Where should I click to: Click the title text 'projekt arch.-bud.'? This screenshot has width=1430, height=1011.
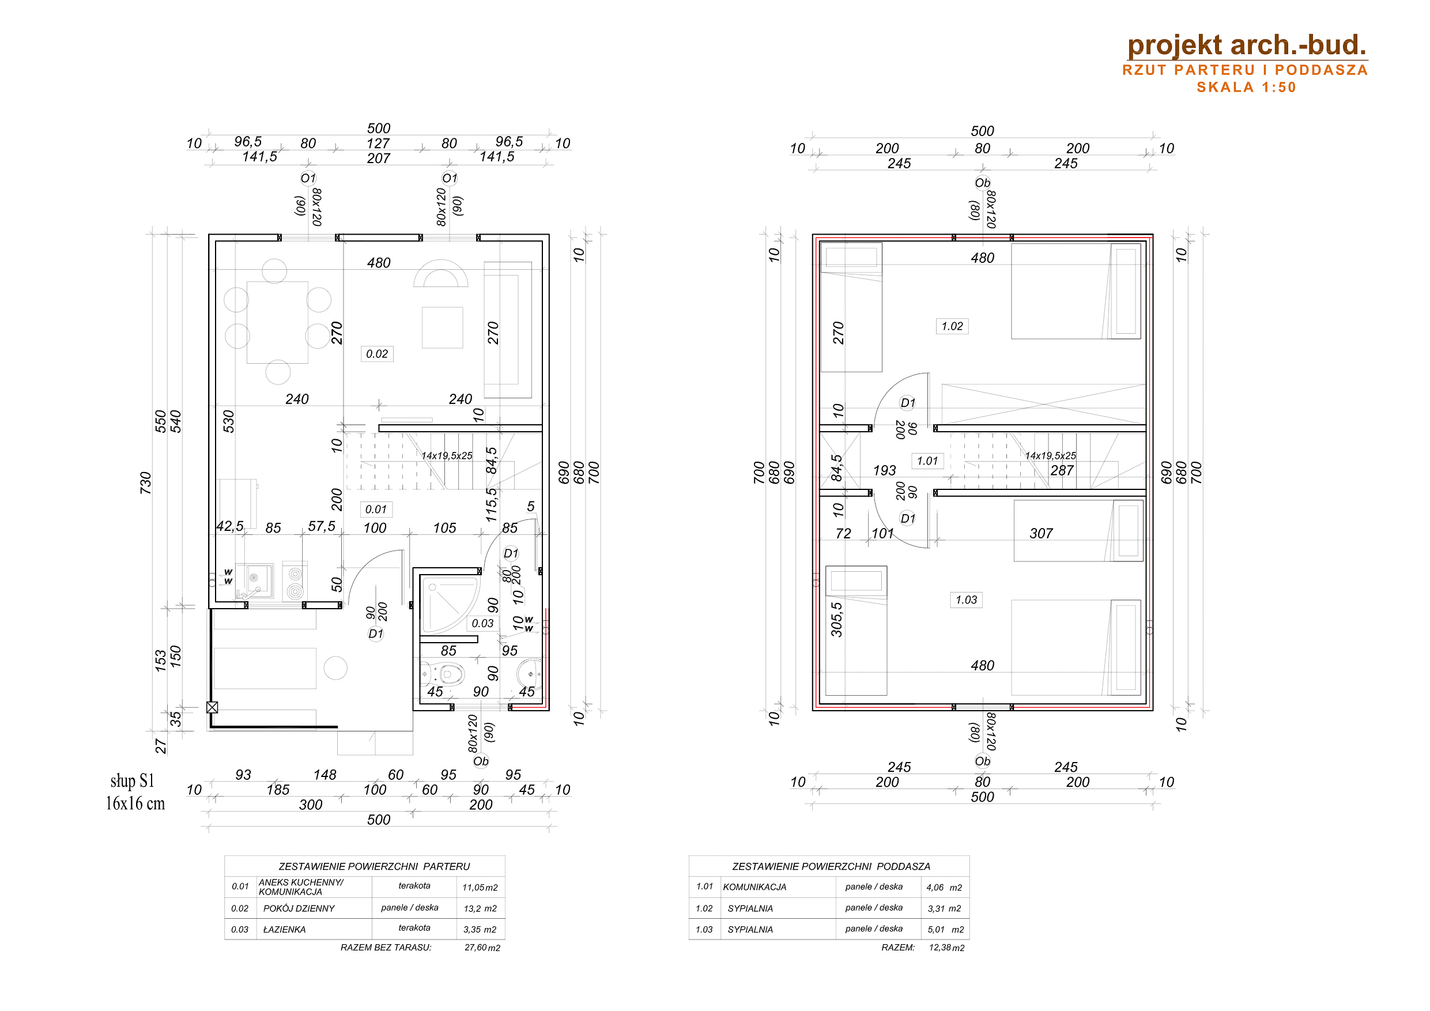pyautogui.click(x=1246, y=45)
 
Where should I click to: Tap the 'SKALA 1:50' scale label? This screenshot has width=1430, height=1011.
pyautogui.click(x=1246, y=87)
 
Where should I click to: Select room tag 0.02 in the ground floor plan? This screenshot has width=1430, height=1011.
pyautogui.click(x=377, y=354)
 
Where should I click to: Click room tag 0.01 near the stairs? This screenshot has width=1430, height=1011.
pyautogui.click(x=376, y=509)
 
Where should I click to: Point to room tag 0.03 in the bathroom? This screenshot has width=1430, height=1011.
pyautogui.click(x=482, y=623)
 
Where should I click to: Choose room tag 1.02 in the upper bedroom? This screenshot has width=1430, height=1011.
pyautogui.click(x=952, y=326)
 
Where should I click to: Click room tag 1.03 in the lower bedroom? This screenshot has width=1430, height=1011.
pyautogui.click(x=967, y=600)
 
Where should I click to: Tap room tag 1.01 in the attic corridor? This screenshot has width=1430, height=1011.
pyautogui.click(x=927, y=461)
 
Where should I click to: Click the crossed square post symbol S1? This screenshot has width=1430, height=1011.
pyautogui.click(x=212, y=708)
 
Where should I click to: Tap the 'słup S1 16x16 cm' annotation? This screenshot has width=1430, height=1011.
pyautogui.click(x=135, y=793)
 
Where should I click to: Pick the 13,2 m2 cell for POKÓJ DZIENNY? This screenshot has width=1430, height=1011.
pyautogui.click(x=480, y=909)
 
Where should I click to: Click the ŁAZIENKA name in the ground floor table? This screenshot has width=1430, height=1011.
pyautogui.click(x=285, y=929)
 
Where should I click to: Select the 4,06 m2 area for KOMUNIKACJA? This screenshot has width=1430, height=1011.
pyautogui.click(x=944, y=888)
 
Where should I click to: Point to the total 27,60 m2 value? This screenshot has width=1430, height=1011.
pyautogui.click(x=482, y=948)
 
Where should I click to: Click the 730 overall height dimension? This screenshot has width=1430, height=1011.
pyautogui.click(x=146, y=483)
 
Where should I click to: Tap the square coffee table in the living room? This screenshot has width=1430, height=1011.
pyautogui.click(x=442, y=327)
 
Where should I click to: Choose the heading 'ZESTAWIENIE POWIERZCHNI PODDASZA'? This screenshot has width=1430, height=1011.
pyautogui.click(x=831, y=866)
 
